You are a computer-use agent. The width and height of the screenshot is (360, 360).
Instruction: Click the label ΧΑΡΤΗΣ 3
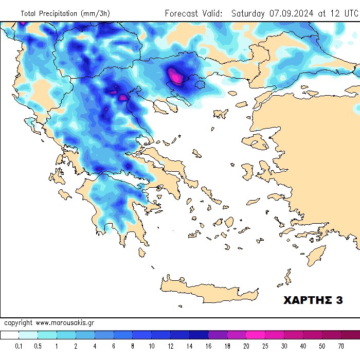pos(313,300)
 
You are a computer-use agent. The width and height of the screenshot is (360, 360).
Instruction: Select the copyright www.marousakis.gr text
pos(49,323)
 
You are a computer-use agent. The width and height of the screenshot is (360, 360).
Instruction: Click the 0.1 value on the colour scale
pos(19,346)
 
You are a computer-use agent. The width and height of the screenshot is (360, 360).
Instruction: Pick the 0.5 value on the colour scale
pos(38,346)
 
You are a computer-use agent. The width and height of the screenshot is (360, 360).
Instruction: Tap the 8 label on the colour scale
pos(133,346)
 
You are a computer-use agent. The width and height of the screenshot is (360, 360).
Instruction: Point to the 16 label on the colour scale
pos(208,346)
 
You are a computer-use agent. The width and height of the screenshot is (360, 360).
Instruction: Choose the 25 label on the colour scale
pos(265,346)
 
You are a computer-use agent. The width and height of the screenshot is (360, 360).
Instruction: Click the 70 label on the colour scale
pos(341,346)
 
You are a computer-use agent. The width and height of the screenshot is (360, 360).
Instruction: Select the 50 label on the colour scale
pos(322,346)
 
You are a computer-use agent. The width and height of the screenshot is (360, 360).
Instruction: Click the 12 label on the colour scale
pos(171,346)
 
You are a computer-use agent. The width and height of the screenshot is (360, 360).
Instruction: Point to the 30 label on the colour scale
pos(284,346)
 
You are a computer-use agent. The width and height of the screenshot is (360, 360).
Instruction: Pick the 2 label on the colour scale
pos(76,346)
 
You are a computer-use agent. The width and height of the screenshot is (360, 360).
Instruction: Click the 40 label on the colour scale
pos(303,346)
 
